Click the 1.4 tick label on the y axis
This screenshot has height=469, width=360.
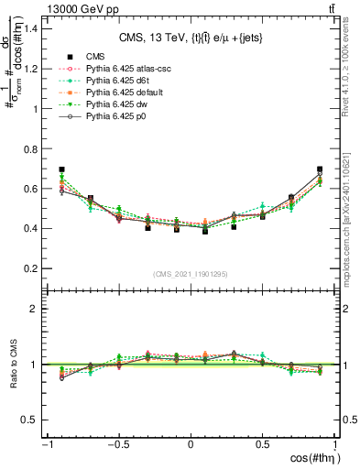pos(29,28)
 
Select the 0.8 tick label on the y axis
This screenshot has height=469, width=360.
pos(29,148)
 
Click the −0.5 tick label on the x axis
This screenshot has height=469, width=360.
pos(117,445)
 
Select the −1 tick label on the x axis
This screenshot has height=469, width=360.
pos(46,445)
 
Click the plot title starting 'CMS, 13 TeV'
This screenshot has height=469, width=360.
pos(191,38)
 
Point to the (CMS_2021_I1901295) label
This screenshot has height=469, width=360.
pos(191,274)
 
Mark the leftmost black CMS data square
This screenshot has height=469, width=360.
pos(61,169)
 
